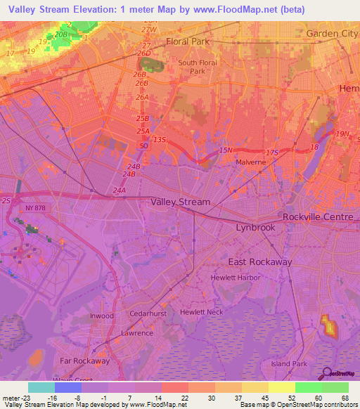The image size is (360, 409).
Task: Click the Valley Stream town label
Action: tap(180, 202)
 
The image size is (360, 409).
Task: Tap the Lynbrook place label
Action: tap(255, 228)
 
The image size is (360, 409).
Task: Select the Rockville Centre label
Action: tap(318, 217)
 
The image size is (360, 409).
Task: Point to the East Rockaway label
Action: tap(259, 261)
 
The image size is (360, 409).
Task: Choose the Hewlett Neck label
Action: tap(201, 311)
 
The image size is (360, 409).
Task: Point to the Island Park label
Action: tap(289, 364)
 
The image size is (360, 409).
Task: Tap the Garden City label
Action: tap(332, 34)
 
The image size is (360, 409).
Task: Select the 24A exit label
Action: tap(119, 190)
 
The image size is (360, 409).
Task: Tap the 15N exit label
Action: tap(225, 150)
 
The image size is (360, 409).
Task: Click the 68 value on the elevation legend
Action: tap(345, 397)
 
